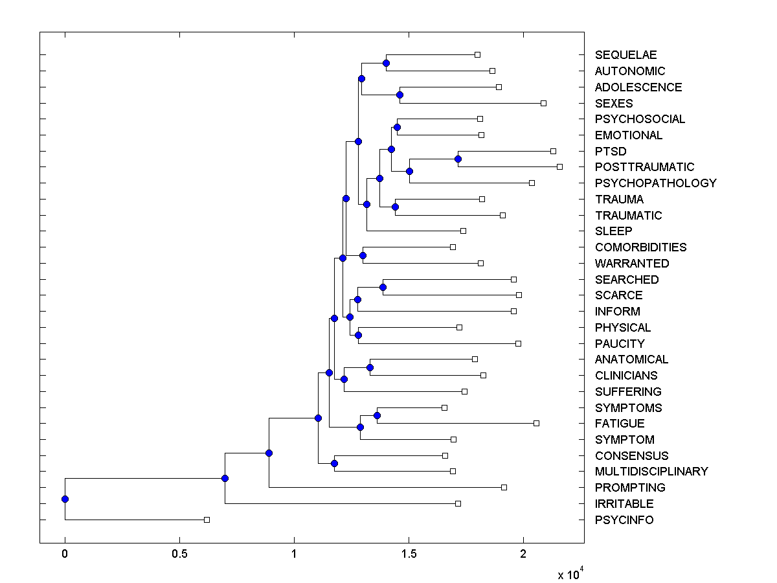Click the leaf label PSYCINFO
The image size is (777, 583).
point(624,520)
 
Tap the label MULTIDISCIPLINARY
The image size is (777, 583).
point(651,472)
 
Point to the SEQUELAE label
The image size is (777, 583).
point(625,55)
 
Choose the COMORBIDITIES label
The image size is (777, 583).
point(640,247)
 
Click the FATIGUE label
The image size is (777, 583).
point(619,424)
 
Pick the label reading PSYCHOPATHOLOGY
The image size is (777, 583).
point(655,183)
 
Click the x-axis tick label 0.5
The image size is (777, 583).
point(179,553)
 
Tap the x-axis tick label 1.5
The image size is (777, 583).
point(409,553)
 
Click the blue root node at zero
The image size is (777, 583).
point(65,499)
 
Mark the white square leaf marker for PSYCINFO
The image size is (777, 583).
point(207,520)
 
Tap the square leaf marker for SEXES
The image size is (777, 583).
point(543,103)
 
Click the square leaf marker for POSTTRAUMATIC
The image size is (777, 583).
point(559,167)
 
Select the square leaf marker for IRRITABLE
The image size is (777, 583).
point(458,503)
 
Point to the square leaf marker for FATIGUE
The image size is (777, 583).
point(536,423)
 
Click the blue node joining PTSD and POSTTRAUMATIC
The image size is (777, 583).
point(458,159)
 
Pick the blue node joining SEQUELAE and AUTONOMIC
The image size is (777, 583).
point(386,63)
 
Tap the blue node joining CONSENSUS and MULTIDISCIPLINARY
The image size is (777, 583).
point(334,463)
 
